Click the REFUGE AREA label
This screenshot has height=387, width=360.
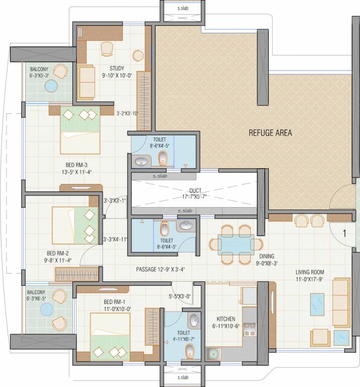(270, 134)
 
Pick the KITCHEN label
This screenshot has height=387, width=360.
(226, 319)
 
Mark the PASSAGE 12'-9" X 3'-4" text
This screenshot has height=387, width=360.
(161, 270)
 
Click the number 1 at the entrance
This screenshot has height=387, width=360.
(344, 233)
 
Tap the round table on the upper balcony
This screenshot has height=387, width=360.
(51, 86)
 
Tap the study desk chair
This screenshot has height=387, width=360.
(107, 48)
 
